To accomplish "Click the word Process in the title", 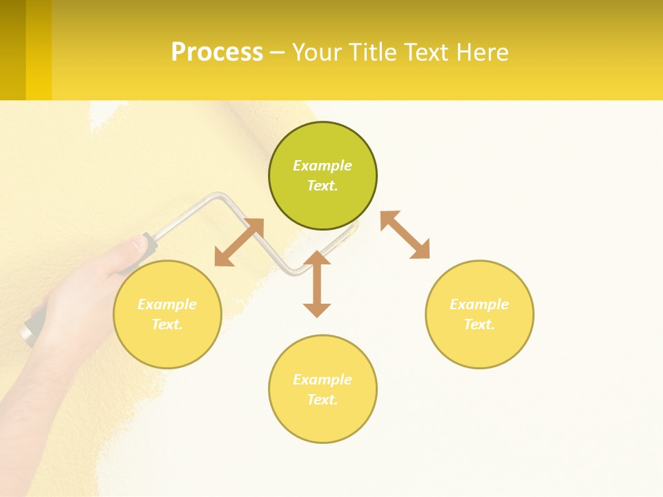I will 217,52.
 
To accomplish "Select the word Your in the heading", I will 314,52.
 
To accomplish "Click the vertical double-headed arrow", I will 317,284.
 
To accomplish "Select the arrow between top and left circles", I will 239,242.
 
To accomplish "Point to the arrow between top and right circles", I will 405,235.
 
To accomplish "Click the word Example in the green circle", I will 323,166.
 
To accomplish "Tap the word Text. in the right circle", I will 479,324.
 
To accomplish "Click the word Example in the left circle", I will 167,304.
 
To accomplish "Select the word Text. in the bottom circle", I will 323,400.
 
